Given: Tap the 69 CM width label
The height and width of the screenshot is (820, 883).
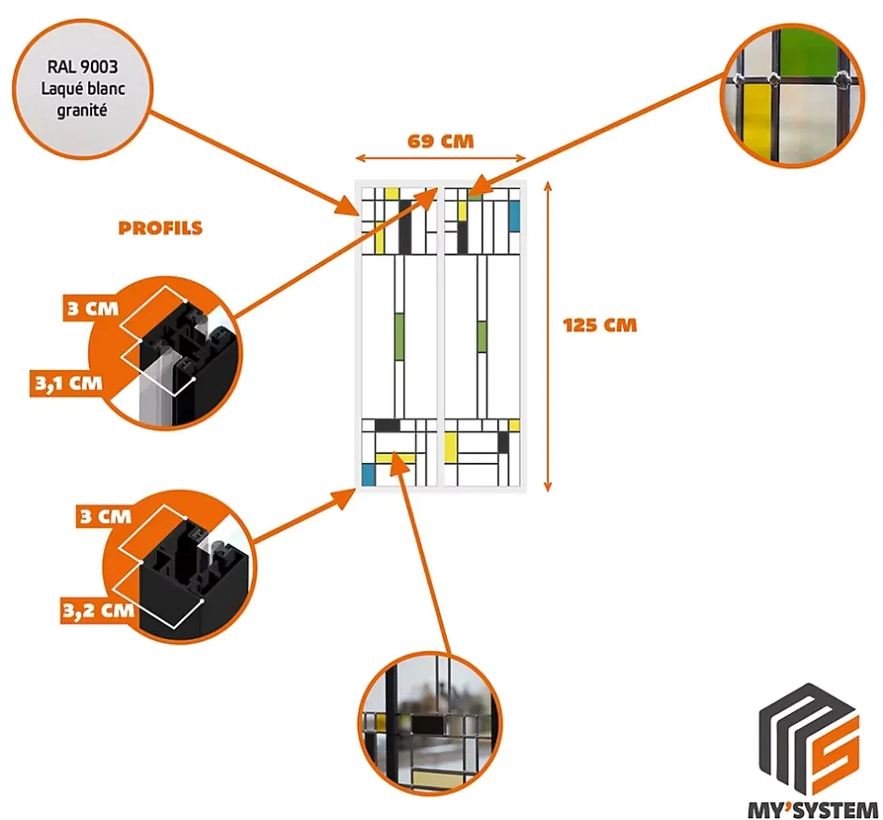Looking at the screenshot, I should click(x=441, y=142).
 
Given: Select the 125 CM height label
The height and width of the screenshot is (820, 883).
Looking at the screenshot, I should click(x=599, y=326).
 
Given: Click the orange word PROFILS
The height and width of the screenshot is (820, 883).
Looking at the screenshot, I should click(x=161, y=227).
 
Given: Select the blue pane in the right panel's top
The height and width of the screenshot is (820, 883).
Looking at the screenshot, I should click(x=513, y=216).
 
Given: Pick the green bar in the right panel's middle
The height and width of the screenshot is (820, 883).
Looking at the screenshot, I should click(x=481, y=336).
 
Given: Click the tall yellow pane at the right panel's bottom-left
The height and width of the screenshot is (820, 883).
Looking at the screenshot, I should click(x=451, y=447).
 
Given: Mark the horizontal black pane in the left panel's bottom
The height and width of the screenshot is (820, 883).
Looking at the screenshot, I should click(x=387, y=425).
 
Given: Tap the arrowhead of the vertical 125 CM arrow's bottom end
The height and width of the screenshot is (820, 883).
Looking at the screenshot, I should click(x=549, y=486).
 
